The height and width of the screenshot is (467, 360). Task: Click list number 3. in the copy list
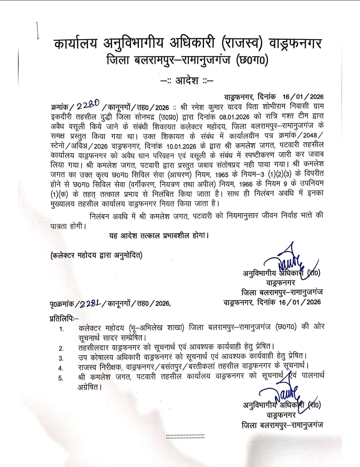[x=61, y=358]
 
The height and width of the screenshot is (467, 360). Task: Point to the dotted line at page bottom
[x=185, y=436]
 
